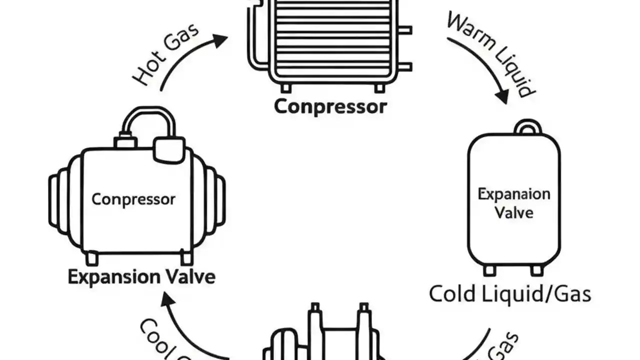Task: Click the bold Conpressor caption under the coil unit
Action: click(330, 106)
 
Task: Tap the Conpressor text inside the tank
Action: click(133, 199)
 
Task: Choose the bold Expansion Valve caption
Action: click(141, 276)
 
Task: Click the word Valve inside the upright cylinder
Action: click(514, 212)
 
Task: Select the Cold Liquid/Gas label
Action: click(510, 293)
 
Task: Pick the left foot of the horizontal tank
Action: click(92, 258)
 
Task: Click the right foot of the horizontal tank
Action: click(186, 258)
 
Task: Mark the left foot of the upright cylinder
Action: click(489, 270)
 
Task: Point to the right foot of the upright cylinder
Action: click(536, 270)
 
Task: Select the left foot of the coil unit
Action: click(285, 88)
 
